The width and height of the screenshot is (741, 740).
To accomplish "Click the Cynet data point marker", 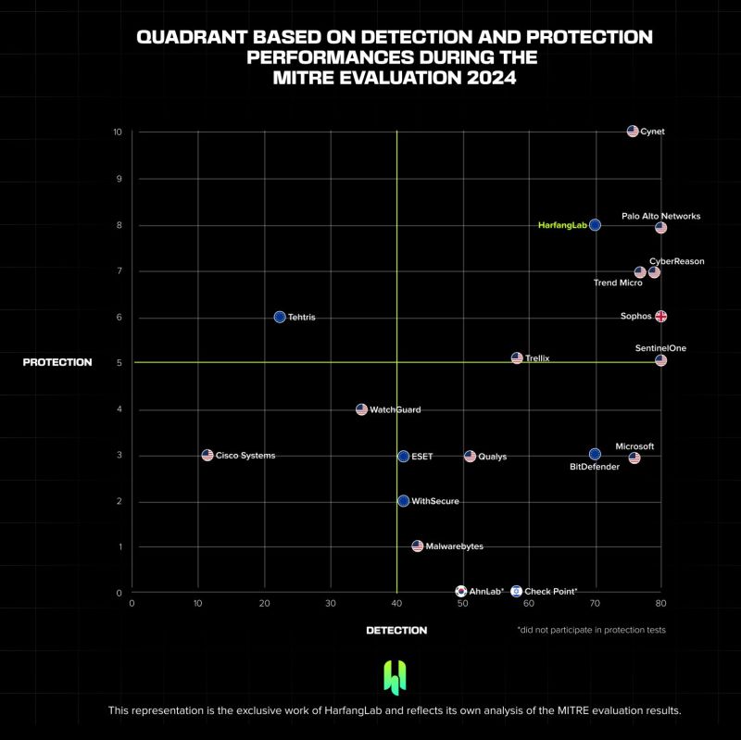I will (x=633, y=132).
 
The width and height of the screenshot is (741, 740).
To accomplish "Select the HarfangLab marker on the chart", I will (x=595, y=225).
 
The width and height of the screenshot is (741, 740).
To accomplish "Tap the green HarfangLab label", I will (x=562, y=225).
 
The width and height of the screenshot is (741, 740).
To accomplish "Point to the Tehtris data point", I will (x=280, y=317).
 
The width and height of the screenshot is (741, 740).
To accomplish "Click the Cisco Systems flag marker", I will (x=207, y=456).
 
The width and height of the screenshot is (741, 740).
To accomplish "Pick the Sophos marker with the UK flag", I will (x=660, y=316).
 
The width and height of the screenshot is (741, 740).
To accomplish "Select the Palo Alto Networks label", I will (x=660, y=216).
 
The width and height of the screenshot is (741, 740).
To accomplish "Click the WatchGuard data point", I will (x=361, y=409).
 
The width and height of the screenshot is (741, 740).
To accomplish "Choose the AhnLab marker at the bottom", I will (x=461, y=591).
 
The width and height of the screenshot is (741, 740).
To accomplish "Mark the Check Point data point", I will (x=516, y=591).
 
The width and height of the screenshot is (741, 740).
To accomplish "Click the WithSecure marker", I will (x=403, y=501).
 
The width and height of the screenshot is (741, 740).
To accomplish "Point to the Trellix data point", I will (x=517, y=357).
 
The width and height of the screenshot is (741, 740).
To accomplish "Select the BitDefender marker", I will (x=595, y=454).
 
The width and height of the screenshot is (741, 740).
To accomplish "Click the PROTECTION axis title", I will (x=57, y=362).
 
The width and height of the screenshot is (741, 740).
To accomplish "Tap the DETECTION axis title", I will (x=396, y=631).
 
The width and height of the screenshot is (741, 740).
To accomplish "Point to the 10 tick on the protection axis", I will (x=118, y=132).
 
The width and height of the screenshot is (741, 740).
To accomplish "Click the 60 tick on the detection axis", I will (x=528, y=604).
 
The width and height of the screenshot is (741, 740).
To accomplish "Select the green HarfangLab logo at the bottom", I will (x=396, y=678).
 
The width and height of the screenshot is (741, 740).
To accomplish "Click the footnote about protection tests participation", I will (x=591, y=630).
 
